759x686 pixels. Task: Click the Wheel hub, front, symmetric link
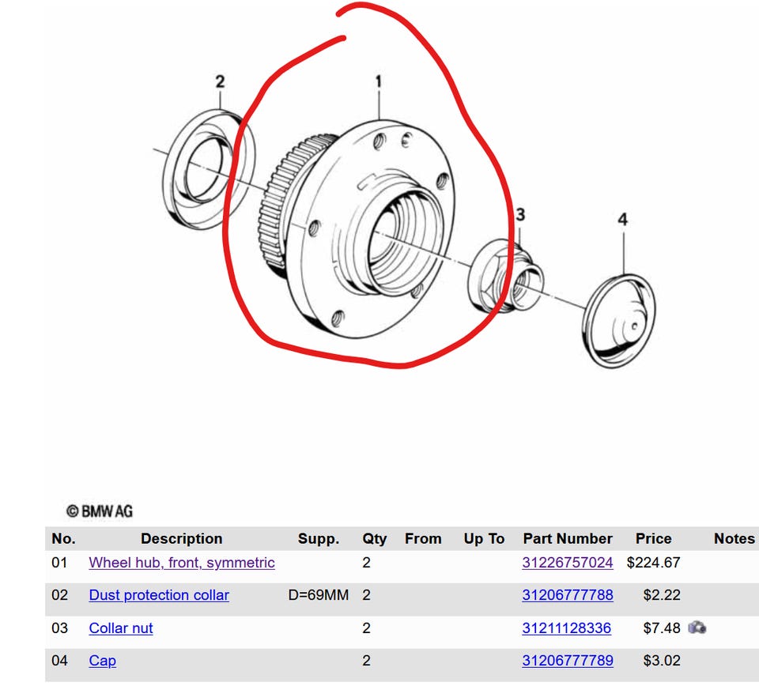coord(182,563)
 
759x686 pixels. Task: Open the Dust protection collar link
coord(159,595)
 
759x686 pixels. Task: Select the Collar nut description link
coord(120,628)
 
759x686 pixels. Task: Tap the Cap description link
coord(102,661)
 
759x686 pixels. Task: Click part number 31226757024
coord(568,563)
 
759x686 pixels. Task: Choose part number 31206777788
coord(568,595)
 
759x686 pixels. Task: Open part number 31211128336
coord(566,628)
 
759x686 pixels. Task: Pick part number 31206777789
coord(568,661)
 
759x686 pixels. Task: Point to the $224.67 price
coord(654,563)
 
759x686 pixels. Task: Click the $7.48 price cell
coord(662,628)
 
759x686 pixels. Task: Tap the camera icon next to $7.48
coord(697,628)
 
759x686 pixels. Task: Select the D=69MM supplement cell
coord(319,595)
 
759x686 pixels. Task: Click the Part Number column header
coord(568,538)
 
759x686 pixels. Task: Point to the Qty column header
coord(374,539)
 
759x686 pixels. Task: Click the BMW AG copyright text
coord(100,511)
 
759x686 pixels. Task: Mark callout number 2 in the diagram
coord(220,81)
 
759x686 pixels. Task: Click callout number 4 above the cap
coord(622,220)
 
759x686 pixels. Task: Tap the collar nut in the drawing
coord(505,276)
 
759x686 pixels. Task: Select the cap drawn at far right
coord(619,321)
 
